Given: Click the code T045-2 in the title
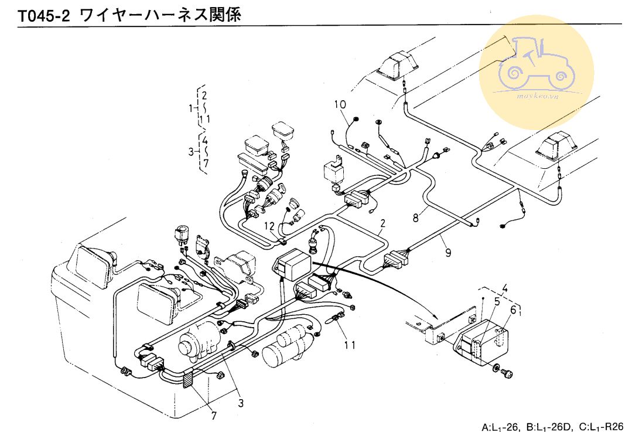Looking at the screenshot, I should click(x=44, y=16).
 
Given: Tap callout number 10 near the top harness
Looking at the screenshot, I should click(x=340, y=104).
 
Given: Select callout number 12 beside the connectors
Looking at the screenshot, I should click(x=269, y=226).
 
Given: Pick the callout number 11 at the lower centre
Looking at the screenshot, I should click(x=349, y=345).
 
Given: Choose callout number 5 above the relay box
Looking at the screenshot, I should click(x=497, y=302).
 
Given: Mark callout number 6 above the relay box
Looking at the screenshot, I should click(x=513, y=310).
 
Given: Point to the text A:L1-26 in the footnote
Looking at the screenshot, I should click(x=501, y=427).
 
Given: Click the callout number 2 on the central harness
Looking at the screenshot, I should click(x=382, y=223).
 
